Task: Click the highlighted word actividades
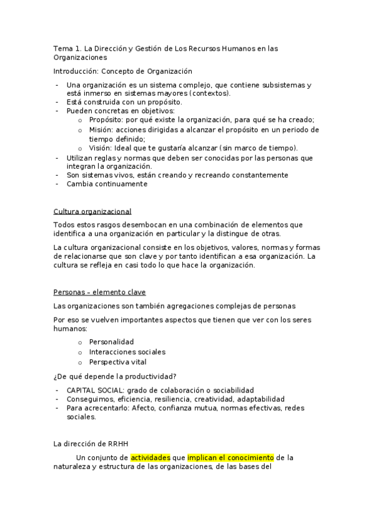[x=150, y=457]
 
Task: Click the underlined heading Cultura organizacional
[x=92, y=211]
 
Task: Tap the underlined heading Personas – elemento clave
[x=99, y=291]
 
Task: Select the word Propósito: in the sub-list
[x=106, y=120]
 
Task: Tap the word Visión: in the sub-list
[x=102, y=147]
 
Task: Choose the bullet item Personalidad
[x=111, y=342]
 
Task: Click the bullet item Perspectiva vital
[x=118, y=361]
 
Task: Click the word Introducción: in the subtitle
[x=76, y=71]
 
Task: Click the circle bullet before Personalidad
[x=80, y=343]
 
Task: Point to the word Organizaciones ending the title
[x=81, y=57]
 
